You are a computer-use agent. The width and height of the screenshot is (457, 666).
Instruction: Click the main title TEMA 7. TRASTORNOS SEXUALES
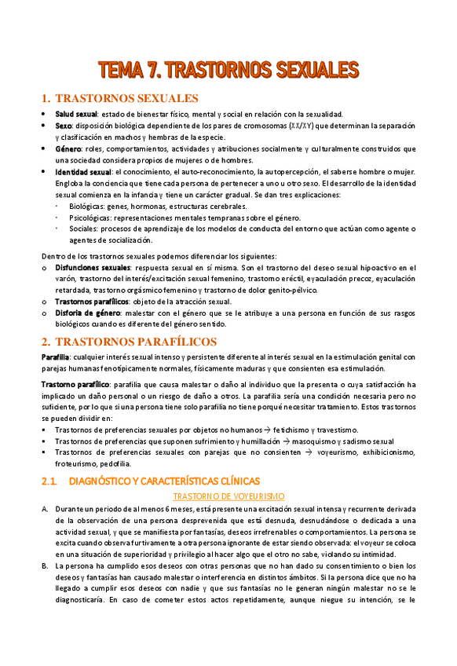pyautogui.click(x=228, y=70)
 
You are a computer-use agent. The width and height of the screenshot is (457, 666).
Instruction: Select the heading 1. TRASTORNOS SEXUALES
pyautogui.click(x=119, y=98)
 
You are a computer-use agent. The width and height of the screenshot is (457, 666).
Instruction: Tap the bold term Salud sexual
pyautogui.click(x=76, y=115)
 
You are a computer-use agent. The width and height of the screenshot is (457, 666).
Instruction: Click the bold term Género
pyautogui.click(x=68, y=148)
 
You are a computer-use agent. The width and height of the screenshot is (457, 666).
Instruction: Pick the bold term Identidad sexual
pyautogui.click(x=82, y=171)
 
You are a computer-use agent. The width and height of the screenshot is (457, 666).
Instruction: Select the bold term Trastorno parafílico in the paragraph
pyautogui.click(x=75, y=385)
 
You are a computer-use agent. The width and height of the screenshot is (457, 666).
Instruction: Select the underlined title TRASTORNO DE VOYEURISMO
pyautogui.click(x=228, y=496)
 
